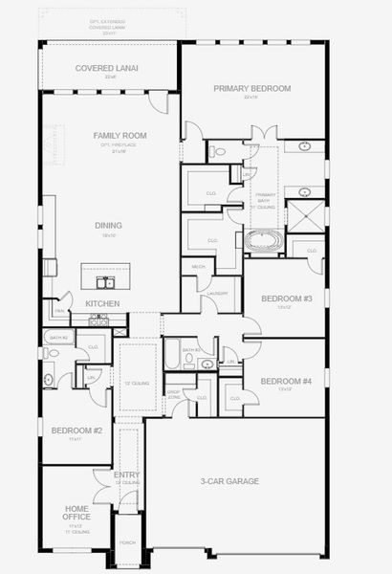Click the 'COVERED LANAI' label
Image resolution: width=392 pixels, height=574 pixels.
108,69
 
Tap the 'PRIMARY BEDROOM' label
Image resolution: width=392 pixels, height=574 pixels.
251,88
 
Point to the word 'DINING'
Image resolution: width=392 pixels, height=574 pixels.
107,226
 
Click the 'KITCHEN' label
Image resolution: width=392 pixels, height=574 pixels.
102,303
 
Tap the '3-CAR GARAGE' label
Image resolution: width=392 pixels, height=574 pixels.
229,481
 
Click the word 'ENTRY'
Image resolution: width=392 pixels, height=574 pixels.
126,475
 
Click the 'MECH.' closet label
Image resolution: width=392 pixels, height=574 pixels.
199,266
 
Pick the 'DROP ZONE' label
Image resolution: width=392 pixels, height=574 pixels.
174,392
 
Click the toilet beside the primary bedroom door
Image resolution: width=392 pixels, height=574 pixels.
218,151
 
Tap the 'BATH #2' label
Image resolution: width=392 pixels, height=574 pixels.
57,338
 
